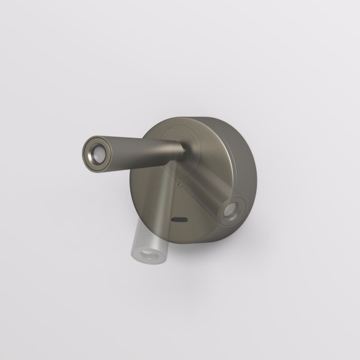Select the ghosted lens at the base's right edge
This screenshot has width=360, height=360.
(231, 212)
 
